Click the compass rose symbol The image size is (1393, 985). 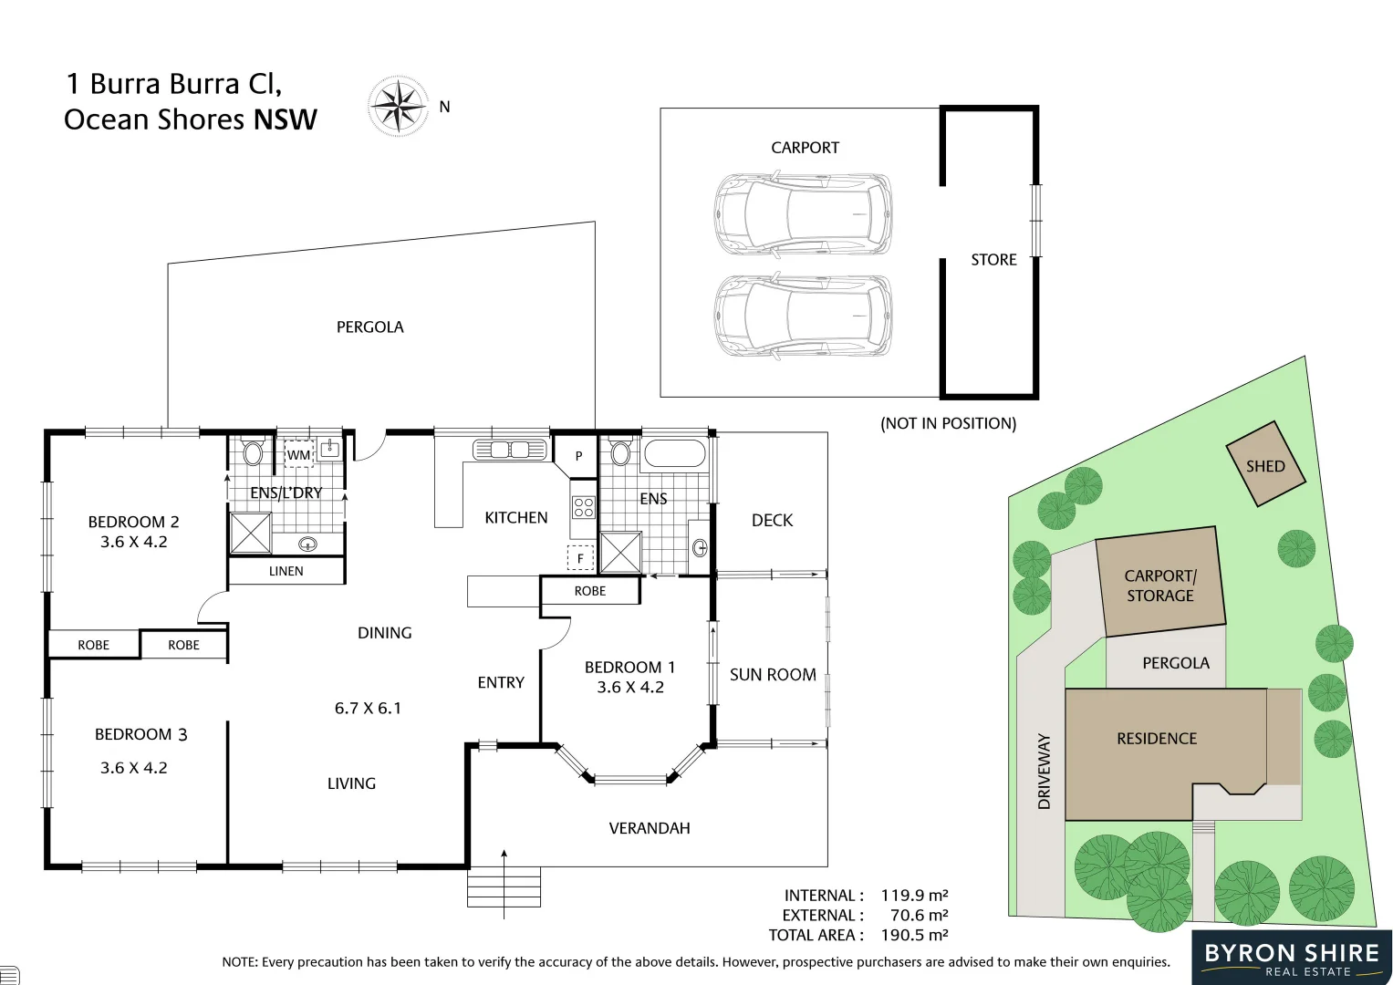coord(399,107)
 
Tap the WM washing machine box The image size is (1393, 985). coord(299,454)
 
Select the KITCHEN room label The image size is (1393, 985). coord(515,517)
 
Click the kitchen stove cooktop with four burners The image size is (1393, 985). coord(583,507)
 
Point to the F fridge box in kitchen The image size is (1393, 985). coord(580,557)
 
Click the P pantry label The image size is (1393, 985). coord(578,456)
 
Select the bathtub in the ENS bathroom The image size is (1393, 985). coord(674,453)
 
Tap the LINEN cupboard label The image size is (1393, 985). coord(286,571)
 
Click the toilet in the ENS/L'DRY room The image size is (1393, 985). coord(253,451)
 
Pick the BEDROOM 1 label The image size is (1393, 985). coord(629,668)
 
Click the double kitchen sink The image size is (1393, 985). coord(510,450)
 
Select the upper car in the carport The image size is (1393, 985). coord(802,214)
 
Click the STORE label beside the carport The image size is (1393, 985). coord(993,260)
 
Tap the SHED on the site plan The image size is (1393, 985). coord(1265,465)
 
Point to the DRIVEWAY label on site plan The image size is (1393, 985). coord(1044,771)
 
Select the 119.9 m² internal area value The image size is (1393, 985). coord(914,896)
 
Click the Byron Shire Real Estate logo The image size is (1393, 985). coord(1291,958)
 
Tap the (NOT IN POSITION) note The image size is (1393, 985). coord(948,423)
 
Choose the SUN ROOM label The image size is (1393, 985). coord(773,675)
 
